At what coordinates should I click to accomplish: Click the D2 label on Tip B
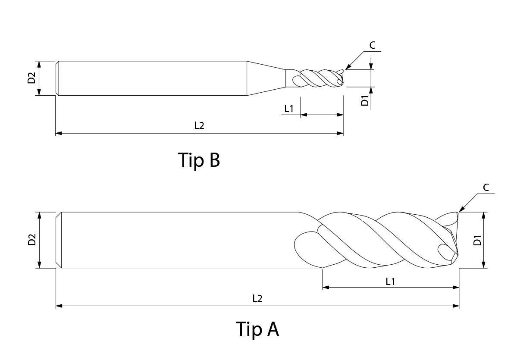[31, 78]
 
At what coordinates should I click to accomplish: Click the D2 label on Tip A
[32, 240]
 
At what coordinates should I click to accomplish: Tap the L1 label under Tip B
[289, 108]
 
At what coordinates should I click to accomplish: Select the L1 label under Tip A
[390, 281]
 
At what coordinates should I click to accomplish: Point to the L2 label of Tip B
[199, 125]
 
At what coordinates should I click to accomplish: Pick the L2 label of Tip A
[257, 298]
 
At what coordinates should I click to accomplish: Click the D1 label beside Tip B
[365, 100]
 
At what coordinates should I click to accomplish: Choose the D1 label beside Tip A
[477, 240]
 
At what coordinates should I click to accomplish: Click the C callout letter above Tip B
[373, 45]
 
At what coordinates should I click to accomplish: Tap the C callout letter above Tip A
[486, 188]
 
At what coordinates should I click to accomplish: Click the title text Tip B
[199, 160]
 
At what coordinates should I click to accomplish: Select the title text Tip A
[257, 329]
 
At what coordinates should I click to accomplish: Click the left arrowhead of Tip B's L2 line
[59, 133]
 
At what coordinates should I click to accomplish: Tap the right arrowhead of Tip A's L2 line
[456, 306]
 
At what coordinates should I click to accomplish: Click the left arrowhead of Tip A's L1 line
[326, 288]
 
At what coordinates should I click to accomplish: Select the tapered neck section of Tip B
[266, 78]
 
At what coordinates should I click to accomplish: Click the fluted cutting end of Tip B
[315, 78]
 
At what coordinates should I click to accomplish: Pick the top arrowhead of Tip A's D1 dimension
[483, 216]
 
